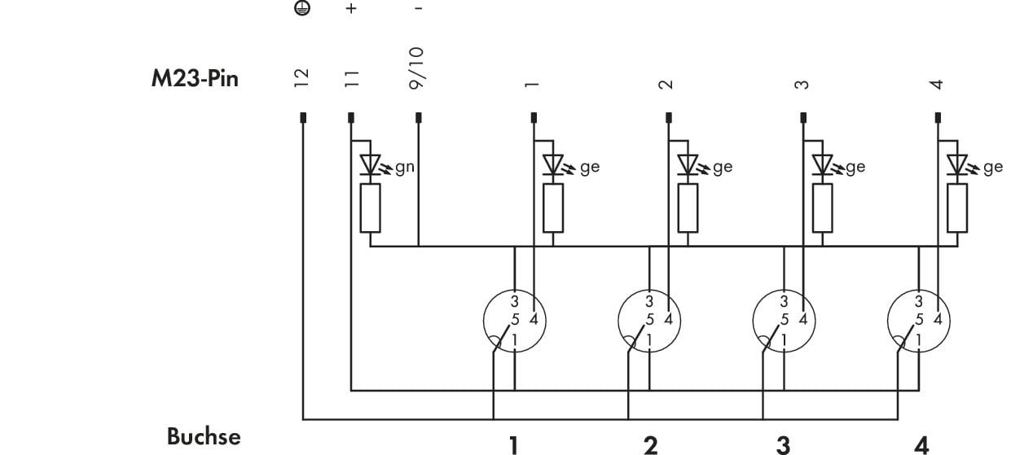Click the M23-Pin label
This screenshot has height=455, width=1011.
pos(195,78)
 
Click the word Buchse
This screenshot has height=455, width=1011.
pos(204,436)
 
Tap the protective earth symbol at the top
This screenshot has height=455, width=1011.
pos(302,7)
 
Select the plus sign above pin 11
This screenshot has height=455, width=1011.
pos(351,8)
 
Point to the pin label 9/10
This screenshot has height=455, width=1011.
pos(416,68)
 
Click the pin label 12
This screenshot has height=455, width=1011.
pos(301,78)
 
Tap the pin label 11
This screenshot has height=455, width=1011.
pos(351,78)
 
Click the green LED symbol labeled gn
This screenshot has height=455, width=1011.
pos(371,164)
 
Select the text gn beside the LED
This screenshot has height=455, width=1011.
pos(405,168)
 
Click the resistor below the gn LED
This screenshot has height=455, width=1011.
pos(370,208)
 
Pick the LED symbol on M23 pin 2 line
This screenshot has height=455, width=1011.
pos(688,164)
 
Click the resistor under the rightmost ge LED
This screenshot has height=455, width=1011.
pos(957,208)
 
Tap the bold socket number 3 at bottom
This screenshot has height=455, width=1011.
pos(784,446)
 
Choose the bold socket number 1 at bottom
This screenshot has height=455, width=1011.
pos(513,446)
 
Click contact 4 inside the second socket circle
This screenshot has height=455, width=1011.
pos(669,319)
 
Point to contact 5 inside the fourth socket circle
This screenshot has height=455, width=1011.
pos(920,319)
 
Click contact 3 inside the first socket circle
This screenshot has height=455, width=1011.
pos(515,301)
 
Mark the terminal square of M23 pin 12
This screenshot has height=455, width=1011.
pos(303,118)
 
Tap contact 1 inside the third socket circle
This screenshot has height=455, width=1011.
pos(784,339)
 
